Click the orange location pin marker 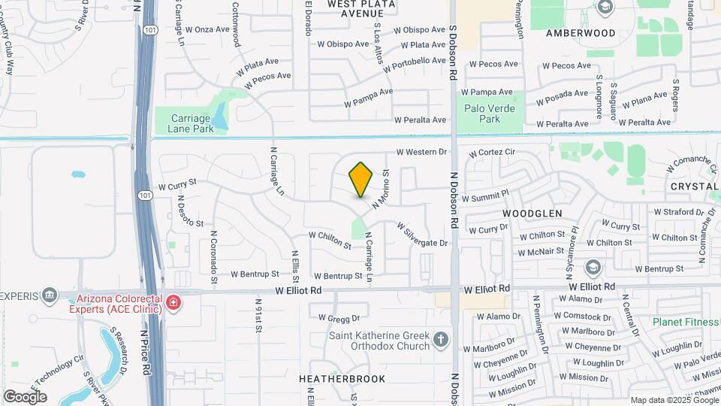[x=361, y=180]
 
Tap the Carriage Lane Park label [x=192, y=123]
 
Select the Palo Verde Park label [x=482, y=114]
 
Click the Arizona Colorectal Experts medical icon [x=174, y=303]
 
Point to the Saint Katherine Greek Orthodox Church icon [x=441, y=340]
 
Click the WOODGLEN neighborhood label [x=532, y=214]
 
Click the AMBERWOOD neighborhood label [x=581, y=33]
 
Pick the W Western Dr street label [x=421, y=152]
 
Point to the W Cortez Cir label [x=492, y=152]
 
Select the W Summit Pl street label [x=485, y=197]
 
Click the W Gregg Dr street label [x=339, y=318]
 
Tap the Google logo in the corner [x=25, y=396]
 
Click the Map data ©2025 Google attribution [x=673, y=400]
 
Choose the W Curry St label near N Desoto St [x=177, y=183]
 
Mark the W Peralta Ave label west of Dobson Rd [x=421, y=120]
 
